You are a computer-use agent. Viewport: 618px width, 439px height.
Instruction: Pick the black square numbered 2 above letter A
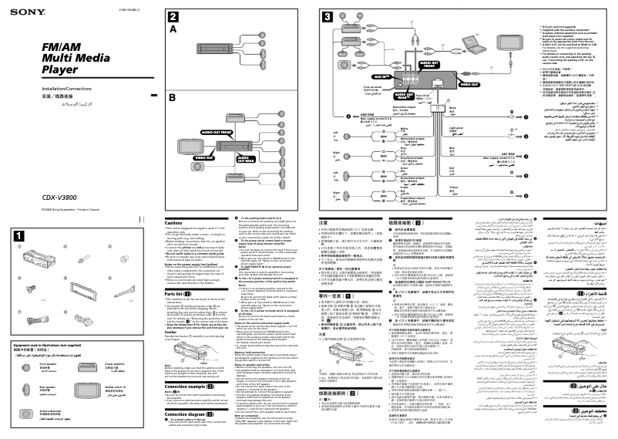(x=174, y=16)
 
